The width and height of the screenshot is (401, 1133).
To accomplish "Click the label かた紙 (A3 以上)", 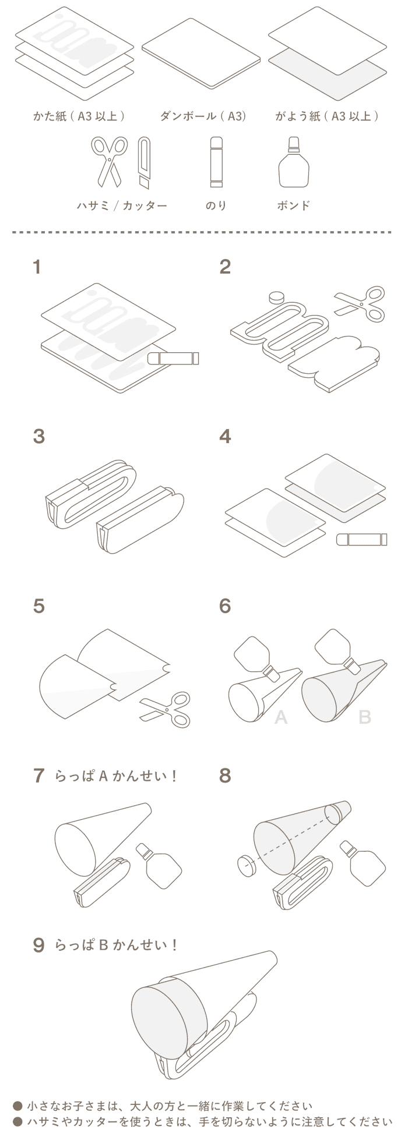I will coord(80,116).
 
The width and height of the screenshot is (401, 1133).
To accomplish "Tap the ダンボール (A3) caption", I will coord(203,116).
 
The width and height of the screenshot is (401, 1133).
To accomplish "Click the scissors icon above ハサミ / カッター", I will coord(108,160).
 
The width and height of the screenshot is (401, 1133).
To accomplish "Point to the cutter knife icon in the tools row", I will coord(144,162).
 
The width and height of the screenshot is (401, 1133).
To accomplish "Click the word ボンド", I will coord(293,206).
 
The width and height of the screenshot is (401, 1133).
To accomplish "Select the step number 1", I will coord(37,267).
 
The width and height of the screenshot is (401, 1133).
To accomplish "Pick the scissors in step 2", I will coord(360,305).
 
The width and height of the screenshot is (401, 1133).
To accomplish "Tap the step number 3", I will coord(38,436).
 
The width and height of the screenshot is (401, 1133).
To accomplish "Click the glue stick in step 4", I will coord(361,539).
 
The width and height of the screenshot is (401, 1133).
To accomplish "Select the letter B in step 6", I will coord(364,717).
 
